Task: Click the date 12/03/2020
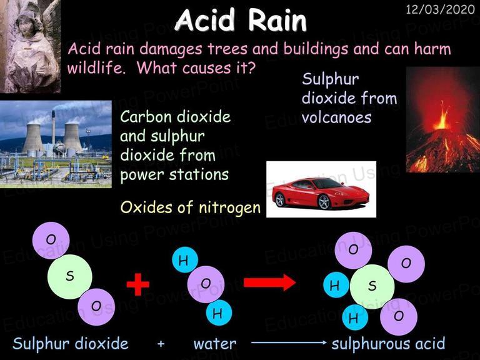440,10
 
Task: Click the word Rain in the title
277,21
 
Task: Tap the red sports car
321,192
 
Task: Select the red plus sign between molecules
137,284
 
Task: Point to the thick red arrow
269,282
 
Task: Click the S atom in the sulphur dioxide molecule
70,276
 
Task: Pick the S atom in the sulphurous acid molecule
372,287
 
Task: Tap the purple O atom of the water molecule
206,284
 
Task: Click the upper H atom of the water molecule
184,260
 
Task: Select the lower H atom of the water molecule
219,312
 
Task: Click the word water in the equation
215,344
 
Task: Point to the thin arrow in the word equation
289,343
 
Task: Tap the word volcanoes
336,117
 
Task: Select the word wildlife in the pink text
96,67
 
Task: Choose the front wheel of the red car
324,202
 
